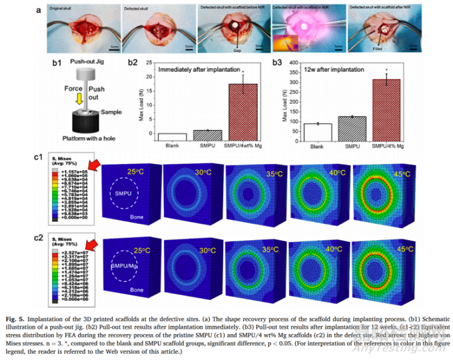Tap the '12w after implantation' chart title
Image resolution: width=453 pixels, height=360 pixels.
pyautogui.click(x=324, y=69)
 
